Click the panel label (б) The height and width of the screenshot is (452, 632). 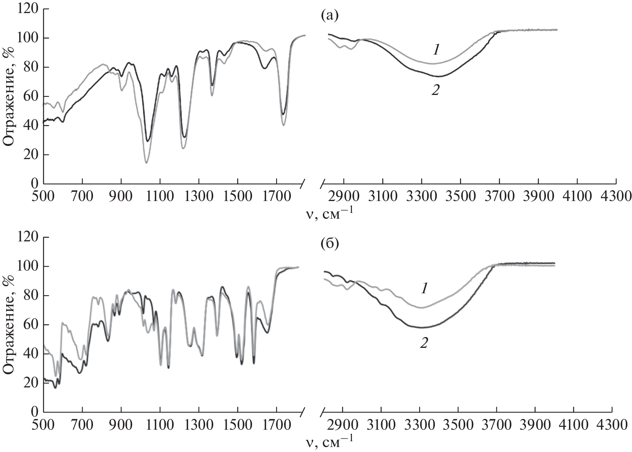tap(329, 244)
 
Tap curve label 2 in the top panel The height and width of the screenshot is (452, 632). tap(435, 90)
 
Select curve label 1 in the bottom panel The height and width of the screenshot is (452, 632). tap(424, 289)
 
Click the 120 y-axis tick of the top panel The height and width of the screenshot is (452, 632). tap(28, 9)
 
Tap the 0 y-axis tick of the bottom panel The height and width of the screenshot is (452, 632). tap(35, 412)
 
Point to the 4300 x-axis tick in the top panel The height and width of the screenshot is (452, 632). tap(616, 196)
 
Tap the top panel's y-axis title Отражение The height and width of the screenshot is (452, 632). tap(8, 96)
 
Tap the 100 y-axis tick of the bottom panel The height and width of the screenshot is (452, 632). tap(28, 266)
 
